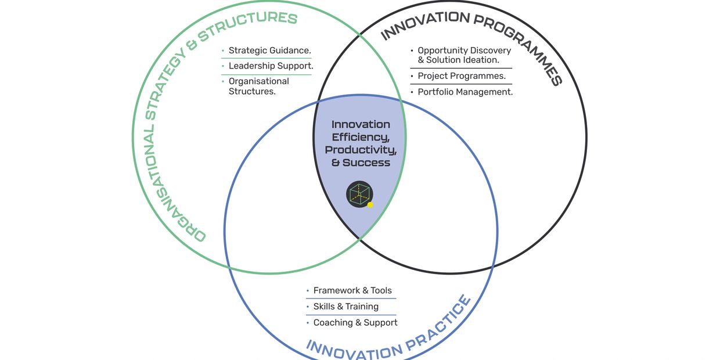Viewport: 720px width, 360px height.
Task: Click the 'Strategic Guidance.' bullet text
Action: click(x=269, y=51)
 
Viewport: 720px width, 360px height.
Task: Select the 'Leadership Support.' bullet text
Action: click(x=271, y=66)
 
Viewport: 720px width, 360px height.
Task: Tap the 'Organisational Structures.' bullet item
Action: click(x=258, y=87)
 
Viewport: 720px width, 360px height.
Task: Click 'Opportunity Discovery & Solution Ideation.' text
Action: click(x=464, y=55)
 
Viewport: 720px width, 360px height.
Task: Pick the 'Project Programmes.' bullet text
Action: click(x=461, y=76)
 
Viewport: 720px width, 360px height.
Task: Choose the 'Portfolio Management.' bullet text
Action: click(x=465, y=92)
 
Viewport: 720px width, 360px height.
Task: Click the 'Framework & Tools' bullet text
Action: click(x=352, y=290)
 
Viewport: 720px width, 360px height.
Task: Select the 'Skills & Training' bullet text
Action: click(x=345, y=307)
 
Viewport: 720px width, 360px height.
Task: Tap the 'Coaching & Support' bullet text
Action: click(x=355, y=323)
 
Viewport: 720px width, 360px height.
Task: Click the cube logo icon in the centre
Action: click(x=359, y=194)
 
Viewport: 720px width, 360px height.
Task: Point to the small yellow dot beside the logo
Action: click(x=370, y=204)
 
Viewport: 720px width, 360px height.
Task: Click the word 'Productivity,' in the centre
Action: click(x=361, y=150)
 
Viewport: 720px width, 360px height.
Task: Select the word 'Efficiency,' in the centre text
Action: click(x=361, y=137)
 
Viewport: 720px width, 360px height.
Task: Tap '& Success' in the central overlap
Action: click(x=361, y=163)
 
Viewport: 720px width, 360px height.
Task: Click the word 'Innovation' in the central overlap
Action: click(x=361, y=124)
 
